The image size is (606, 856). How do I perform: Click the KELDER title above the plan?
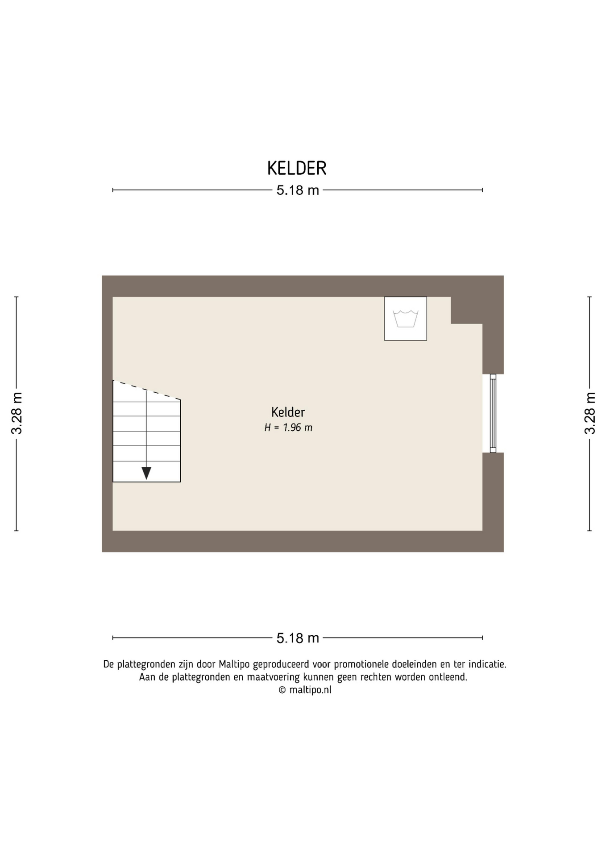[x=297, y=168]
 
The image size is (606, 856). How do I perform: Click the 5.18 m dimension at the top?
[x=298, y=190]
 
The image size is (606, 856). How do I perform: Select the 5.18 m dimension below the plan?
[x=298, y=638]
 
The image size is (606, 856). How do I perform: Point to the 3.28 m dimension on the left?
[x=17, y=413]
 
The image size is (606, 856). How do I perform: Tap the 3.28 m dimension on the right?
[x=590, y=413]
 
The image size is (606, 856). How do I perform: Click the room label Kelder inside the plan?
[x=288, y=412]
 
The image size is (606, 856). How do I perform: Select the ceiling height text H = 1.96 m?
[x=288, y=428]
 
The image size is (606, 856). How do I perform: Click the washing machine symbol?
[x=406, y=319]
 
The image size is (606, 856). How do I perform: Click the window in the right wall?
[x=493, y=413]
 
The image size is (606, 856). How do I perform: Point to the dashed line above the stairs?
[x=146, y=390]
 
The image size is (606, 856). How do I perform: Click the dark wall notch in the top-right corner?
[x=467, y=310]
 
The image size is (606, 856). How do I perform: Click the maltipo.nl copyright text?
[x=305, y=690]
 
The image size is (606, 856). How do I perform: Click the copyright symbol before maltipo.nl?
[x=282, y=690]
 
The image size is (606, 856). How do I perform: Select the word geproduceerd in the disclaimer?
[x=281, y=665]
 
